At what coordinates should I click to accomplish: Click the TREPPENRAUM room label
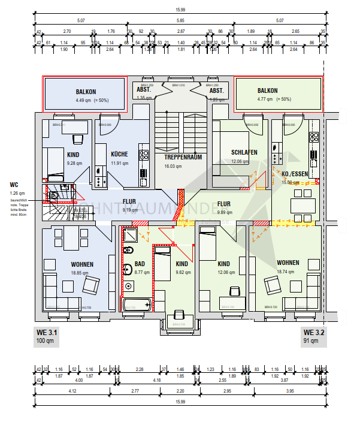point(182,157)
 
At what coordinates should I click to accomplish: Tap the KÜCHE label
point(119,154)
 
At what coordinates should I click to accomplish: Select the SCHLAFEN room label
point(244,152)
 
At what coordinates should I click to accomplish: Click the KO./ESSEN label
point(295,174)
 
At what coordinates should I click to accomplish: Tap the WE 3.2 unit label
point(313,332)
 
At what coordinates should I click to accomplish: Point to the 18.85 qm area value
point(81,272)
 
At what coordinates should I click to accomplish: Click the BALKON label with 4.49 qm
point(86,92)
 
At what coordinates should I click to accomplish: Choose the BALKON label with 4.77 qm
point(268,91)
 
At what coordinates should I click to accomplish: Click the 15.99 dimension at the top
point(180,9)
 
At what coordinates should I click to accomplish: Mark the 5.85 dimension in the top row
point(180,20)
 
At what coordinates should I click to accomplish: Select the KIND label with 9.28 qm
point(73,154)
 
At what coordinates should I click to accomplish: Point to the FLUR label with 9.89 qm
point(224,203)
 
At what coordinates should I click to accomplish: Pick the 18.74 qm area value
point(288,272)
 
